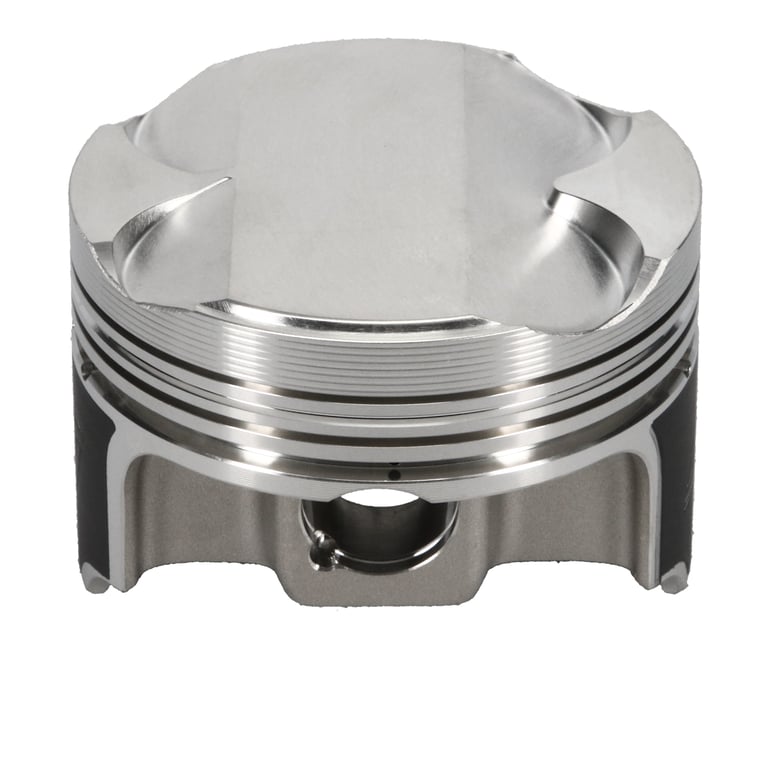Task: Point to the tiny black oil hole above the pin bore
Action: [x=393, y=469]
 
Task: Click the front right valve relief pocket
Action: [x=590, y=230]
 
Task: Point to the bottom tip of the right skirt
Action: [x=675, y=577]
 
